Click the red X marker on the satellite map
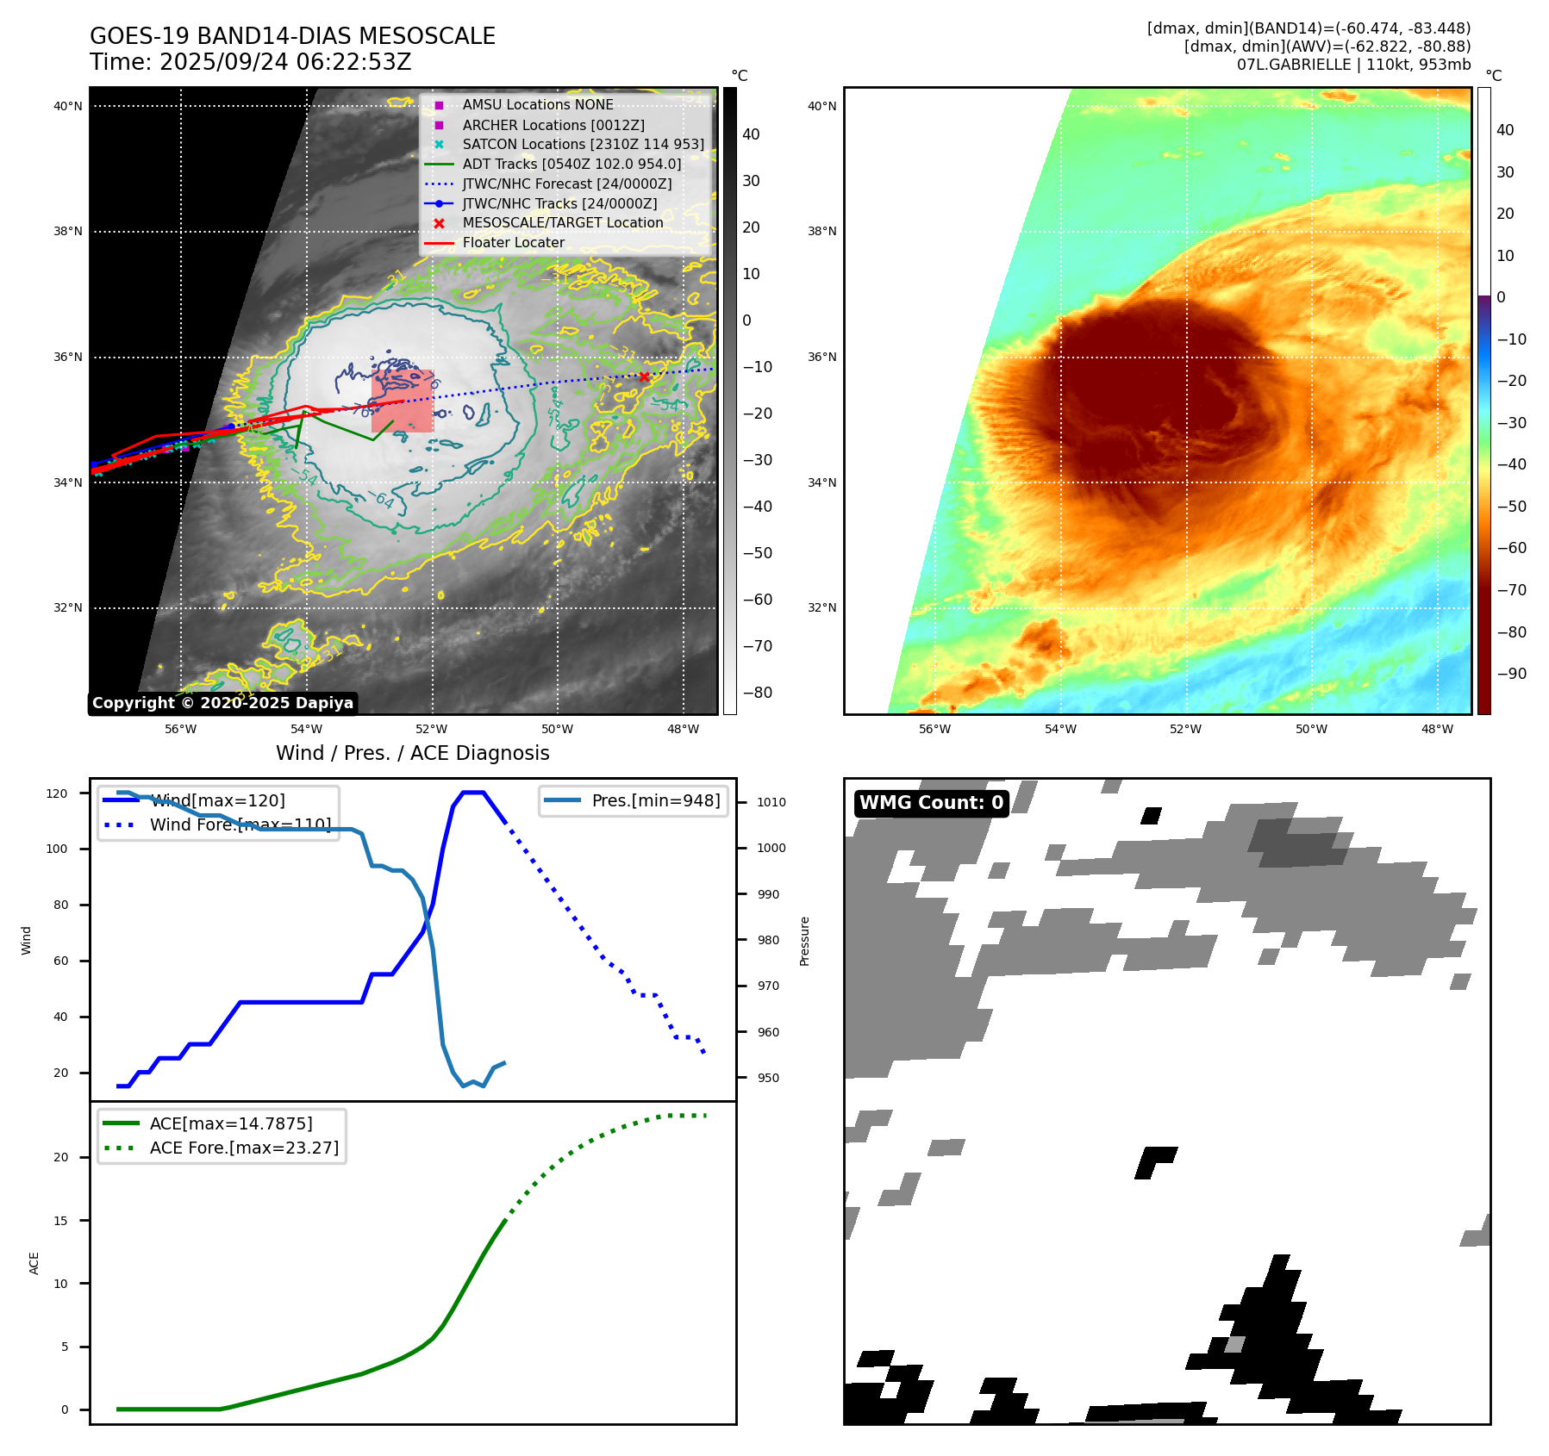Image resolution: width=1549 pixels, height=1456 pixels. pos(644,376)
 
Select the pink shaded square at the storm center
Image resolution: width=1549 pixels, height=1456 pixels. pos(403,401)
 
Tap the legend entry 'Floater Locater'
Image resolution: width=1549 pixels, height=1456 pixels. pos(513,243)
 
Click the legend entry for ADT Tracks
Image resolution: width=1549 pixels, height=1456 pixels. pos(572,164)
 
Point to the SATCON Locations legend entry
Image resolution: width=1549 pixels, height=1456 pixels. pos(583,144)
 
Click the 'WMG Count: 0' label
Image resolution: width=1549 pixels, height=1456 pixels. pos(931,803)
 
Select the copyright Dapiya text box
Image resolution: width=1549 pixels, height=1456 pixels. pos(222,703)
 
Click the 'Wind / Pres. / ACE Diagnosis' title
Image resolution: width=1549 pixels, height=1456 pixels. pos(412,753)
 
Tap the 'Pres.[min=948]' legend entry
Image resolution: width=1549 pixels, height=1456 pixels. pos(655,800)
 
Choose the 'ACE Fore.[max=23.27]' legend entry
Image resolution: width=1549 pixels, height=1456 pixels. pos(244,1148)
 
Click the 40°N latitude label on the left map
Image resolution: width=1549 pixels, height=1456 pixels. pos(68,107)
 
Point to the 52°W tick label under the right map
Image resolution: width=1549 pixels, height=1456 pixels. pos(1185,729)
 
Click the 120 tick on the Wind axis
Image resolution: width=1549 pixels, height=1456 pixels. pos(57,793)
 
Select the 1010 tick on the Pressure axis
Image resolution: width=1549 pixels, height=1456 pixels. pos(771,802)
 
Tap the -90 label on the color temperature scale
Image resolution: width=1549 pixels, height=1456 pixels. pos(1511,674)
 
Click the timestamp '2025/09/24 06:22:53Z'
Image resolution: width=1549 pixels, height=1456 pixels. pos(285,62)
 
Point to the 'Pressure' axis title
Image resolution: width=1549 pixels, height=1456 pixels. pos(804,941)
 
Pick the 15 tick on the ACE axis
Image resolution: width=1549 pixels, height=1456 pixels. pos(61,1221)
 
